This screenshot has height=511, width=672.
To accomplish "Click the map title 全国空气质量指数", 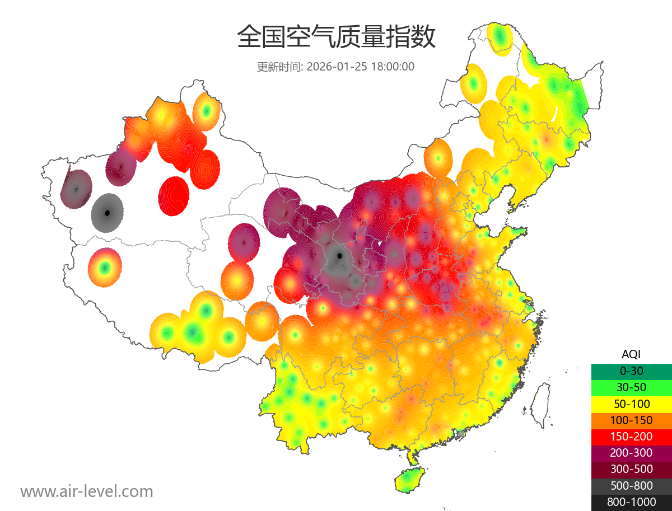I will pyautogui.click(x=336, y=37).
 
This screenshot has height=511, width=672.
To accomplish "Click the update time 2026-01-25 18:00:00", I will pyautogui.click(x=335, y=67).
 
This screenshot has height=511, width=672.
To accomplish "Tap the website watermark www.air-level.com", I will pyautogui.click(x=87, y=491).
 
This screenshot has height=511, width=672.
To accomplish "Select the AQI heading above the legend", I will pyautogui.click(x=631, y=354).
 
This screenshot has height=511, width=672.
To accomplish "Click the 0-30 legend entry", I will pyautogui.click(x=631, y=371).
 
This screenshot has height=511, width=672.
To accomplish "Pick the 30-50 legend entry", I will pyautogui.click(x=631, y=387).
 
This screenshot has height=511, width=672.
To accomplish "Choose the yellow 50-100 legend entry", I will pyautogui.click(x=631, y=403).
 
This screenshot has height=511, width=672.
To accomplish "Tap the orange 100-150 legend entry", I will pyautogui.click(x=631, y=420).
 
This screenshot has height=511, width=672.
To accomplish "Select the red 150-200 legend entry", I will pyautogui.click(x=631, y=436).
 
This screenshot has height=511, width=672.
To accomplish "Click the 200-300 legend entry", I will pyautogui.click(x=631, y=452).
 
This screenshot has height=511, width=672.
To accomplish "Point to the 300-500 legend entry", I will pyautogui.click(x=631, y=469).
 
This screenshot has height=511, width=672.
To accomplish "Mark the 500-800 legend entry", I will pyautogui.click(x=631, y=485).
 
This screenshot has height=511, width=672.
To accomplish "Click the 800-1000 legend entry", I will pyautogui.click(x=631, y=502).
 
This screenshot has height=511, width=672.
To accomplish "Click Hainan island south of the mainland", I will pyautogui.click(x=409, y=481).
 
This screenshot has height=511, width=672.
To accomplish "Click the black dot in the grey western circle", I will pyautogui.click(x=108, y=213).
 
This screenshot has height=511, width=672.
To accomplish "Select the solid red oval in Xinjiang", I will pyautogui.click(x=174, y=196).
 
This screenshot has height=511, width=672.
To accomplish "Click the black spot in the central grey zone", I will pyautogui.click(x=339, y=256).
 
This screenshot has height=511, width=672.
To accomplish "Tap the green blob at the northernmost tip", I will pyautogui.click(x=500, y=38).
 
